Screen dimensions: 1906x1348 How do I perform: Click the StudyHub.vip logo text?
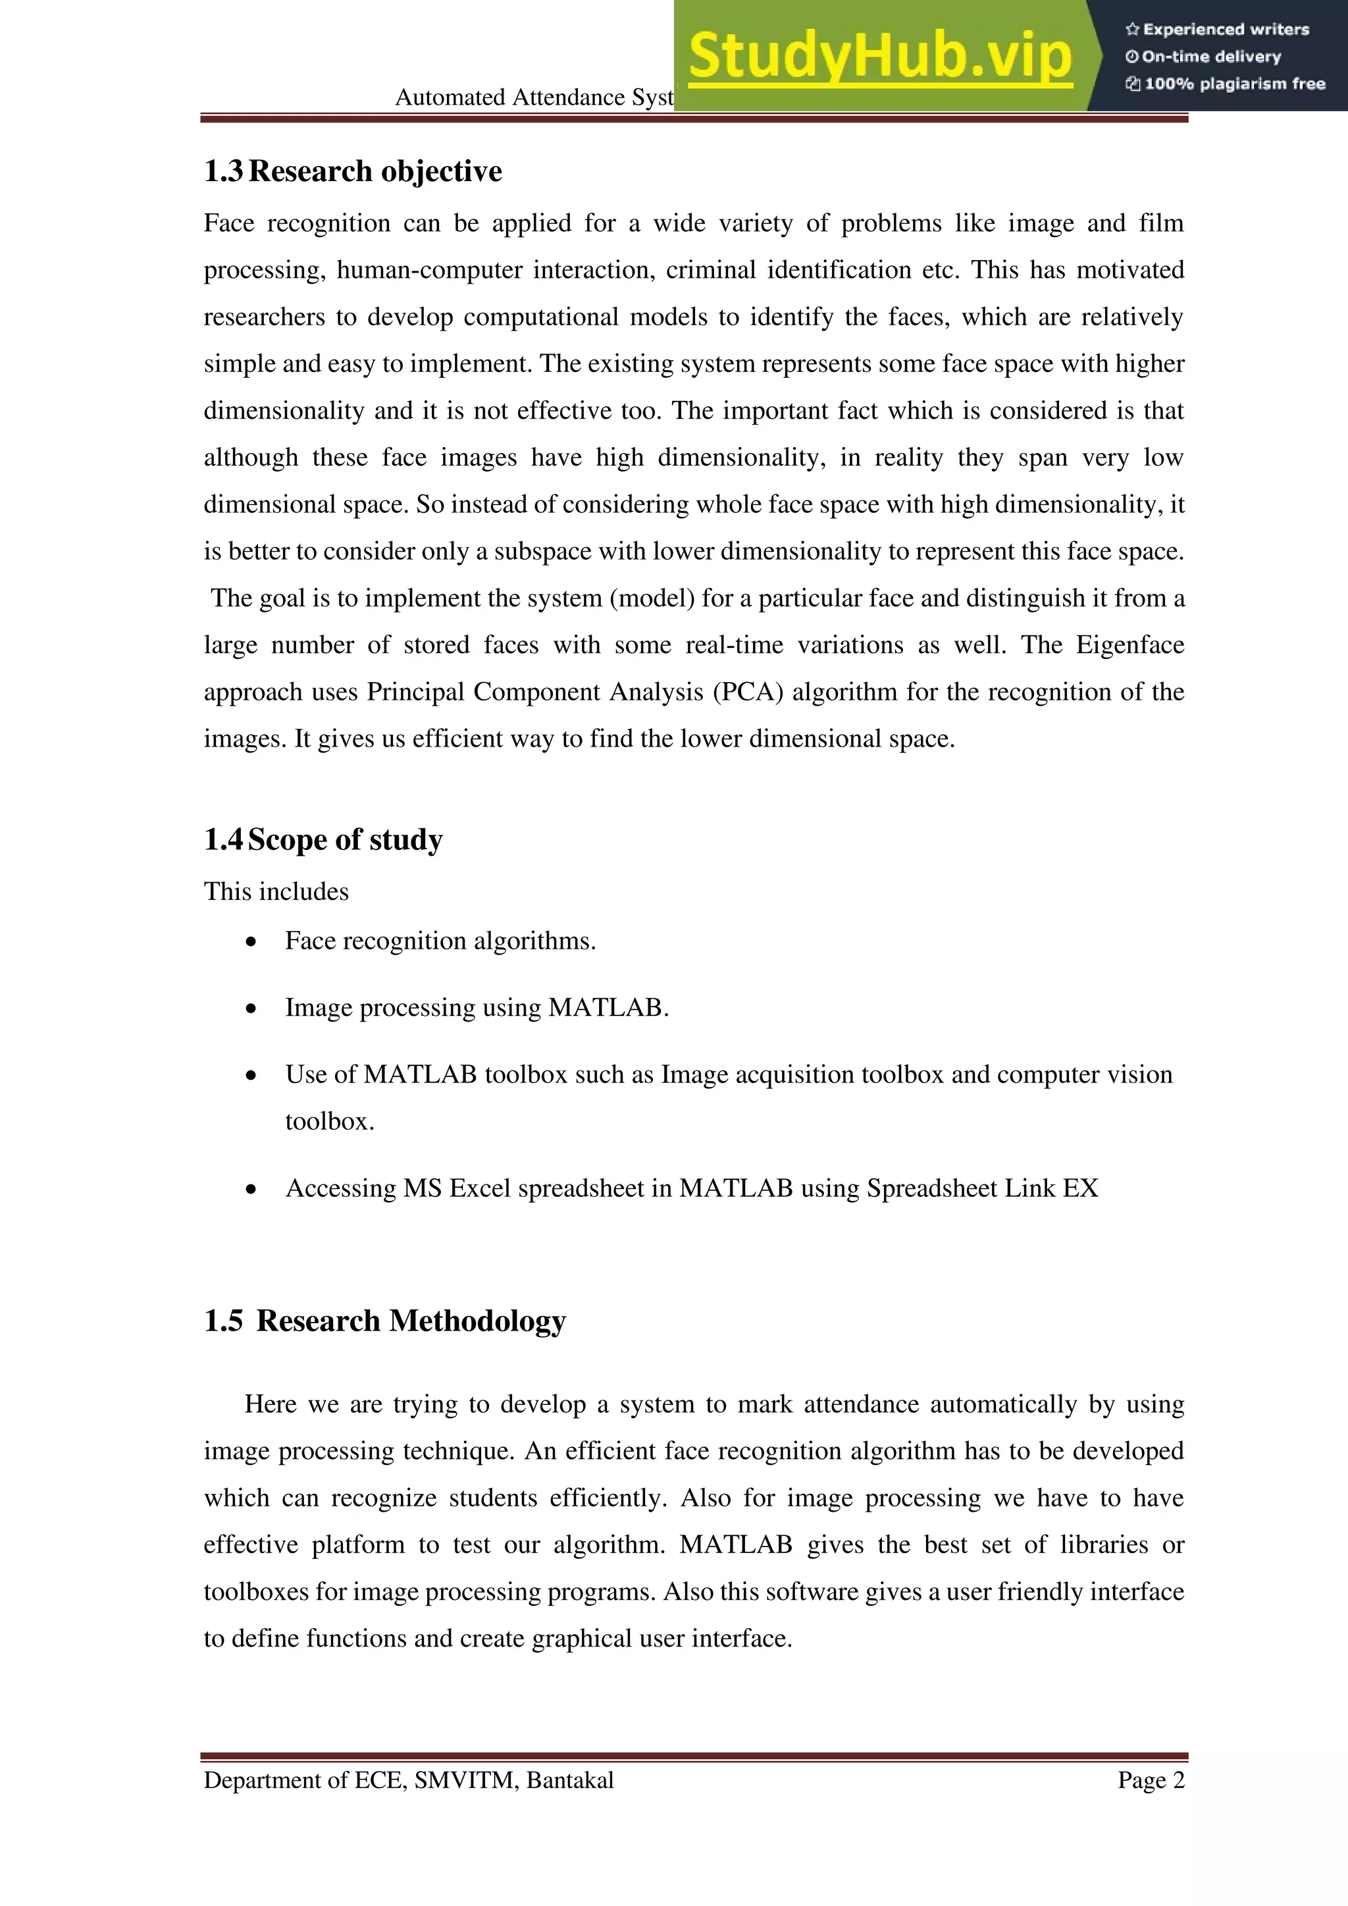point(880,57)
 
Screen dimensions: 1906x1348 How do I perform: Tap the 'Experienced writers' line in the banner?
point(1217,29)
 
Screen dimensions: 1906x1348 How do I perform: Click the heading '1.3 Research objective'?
point(353,171)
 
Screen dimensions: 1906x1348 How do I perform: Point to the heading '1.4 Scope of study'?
point(323,839)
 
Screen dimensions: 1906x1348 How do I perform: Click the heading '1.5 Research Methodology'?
point(384,1320)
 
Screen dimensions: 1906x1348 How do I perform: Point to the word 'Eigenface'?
point(1129,645)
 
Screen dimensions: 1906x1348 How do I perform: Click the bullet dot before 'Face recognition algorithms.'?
point(251,942)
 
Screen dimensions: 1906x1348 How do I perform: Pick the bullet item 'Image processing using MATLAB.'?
point(477,1008)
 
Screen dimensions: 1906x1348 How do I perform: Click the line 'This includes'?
point(276,891)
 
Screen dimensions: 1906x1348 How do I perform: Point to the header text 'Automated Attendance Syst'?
point(534,98)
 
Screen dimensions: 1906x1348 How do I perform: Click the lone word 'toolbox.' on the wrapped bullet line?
point(330,1121)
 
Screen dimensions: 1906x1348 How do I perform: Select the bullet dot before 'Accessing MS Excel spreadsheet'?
point(251,1190)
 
